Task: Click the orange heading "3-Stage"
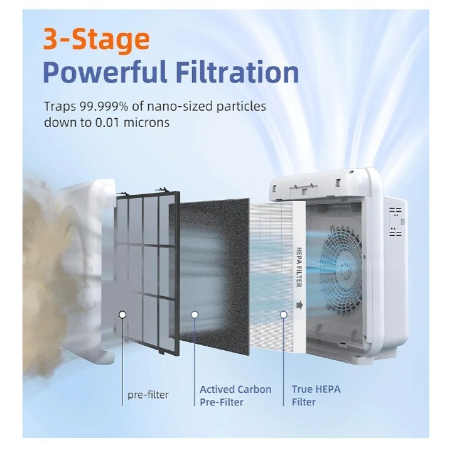96,40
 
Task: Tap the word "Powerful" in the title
105,72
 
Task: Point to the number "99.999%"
104,106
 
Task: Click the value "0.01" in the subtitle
107,123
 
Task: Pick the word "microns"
146,123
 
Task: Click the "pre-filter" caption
148,395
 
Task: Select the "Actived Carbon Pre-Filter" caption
235,395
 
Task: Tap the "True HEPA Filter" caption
316,395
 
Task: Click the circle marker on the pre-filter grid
122,314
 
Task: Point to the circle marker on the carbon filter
195,314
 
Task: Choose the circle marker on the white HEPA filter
284,314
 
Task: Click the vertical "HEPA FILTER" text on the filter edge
299,267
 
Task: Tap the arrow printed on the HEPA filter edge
299,305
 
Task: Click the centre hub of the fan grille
343,267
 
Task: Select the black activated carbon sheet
209,275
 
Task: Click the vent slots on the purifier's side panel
395,221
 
